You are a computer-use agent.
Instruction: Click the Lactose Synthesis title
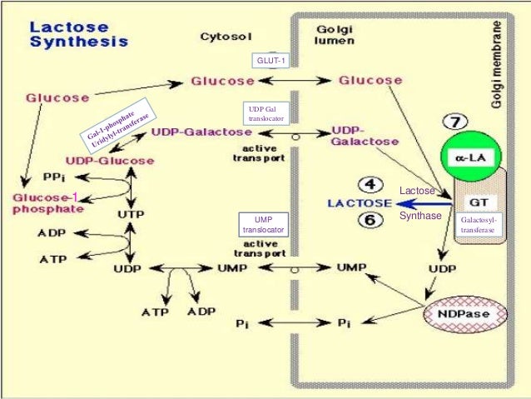[79, 33]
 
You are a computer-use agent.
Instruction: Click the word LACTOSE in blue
[360, 202]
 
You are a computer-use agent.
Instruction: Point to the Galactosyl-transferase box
[477, 224]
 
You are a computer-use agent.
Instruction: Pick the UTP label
[131, 214]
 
